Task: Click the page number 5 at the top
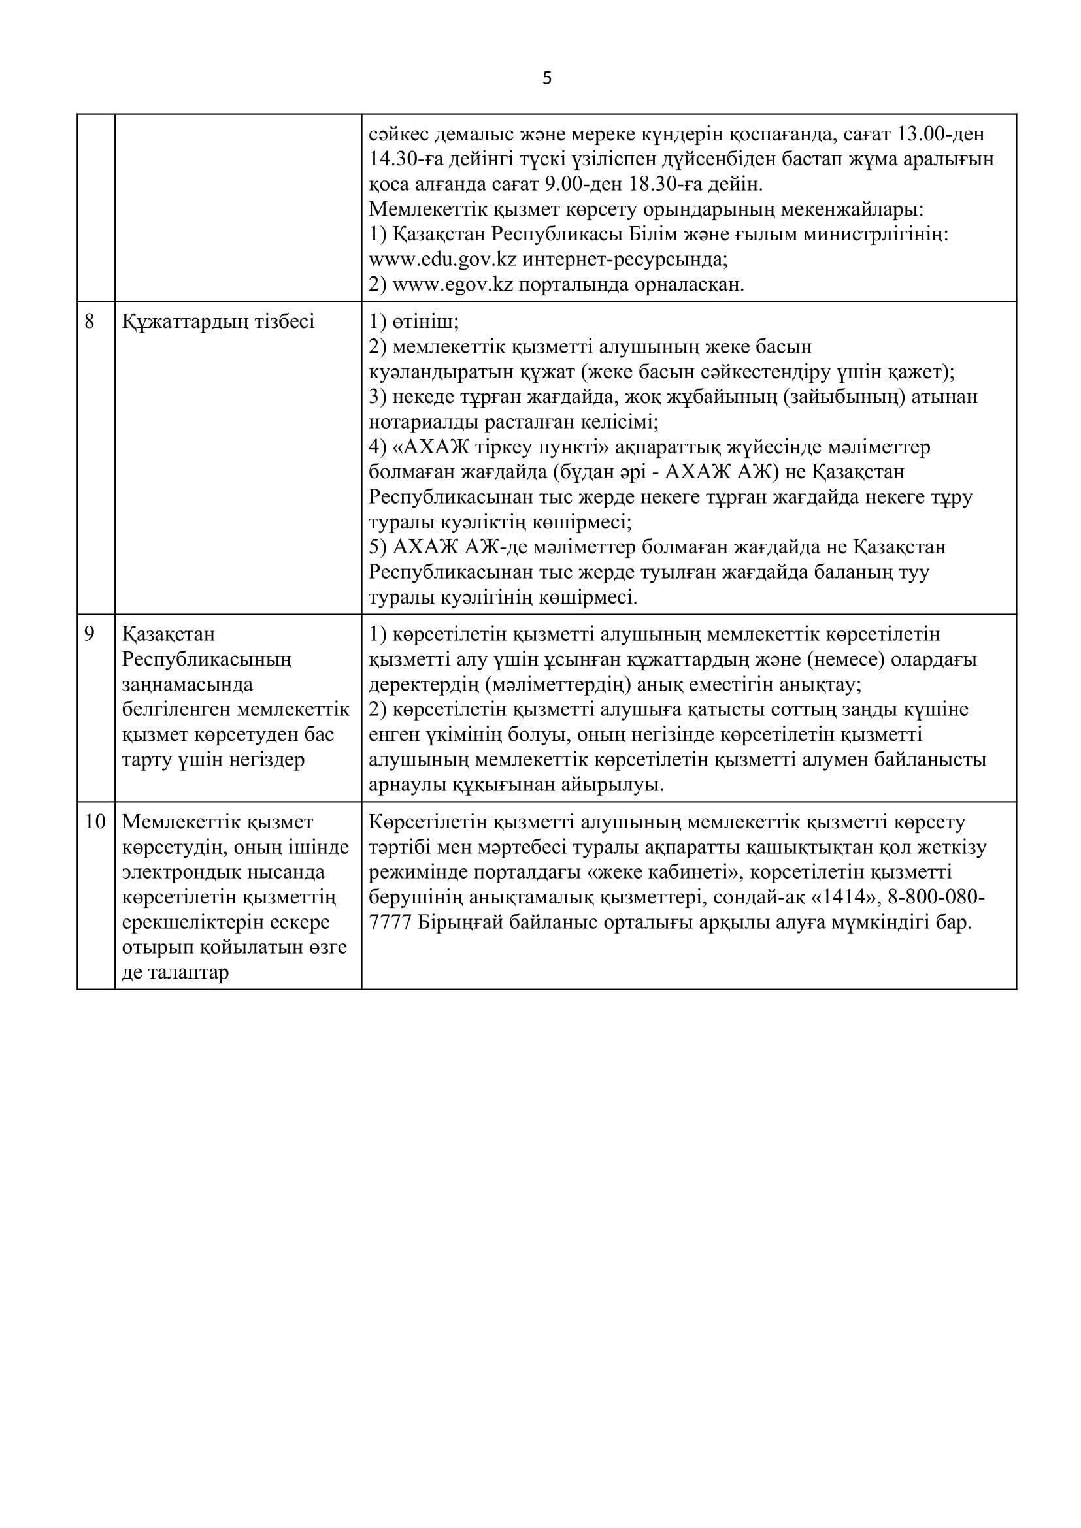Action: (547, 78)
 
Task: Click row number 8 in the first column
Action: (90, 321)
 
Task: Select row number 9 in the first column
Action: (90, 634)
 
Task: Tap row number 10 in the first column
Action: (95, 822)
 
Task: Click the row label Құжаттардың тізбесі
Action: (218, 321)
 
